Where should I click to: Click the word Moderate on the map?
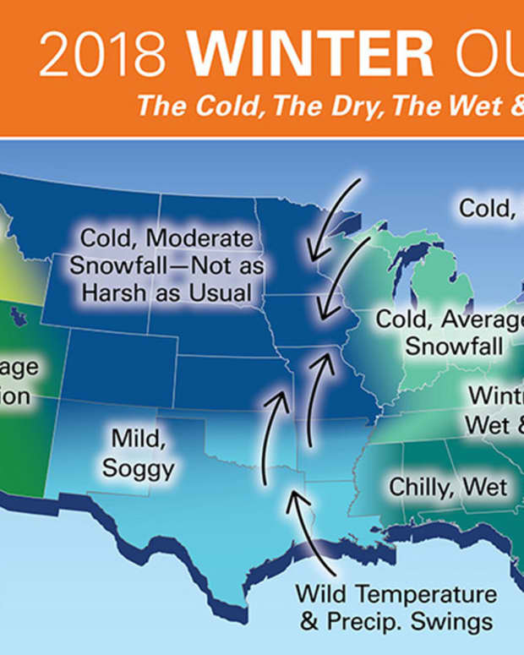coord(202,239)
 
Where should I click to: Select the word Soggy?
coord(139,467)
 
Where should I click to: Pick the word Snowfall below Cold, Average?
coord(454,347)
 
